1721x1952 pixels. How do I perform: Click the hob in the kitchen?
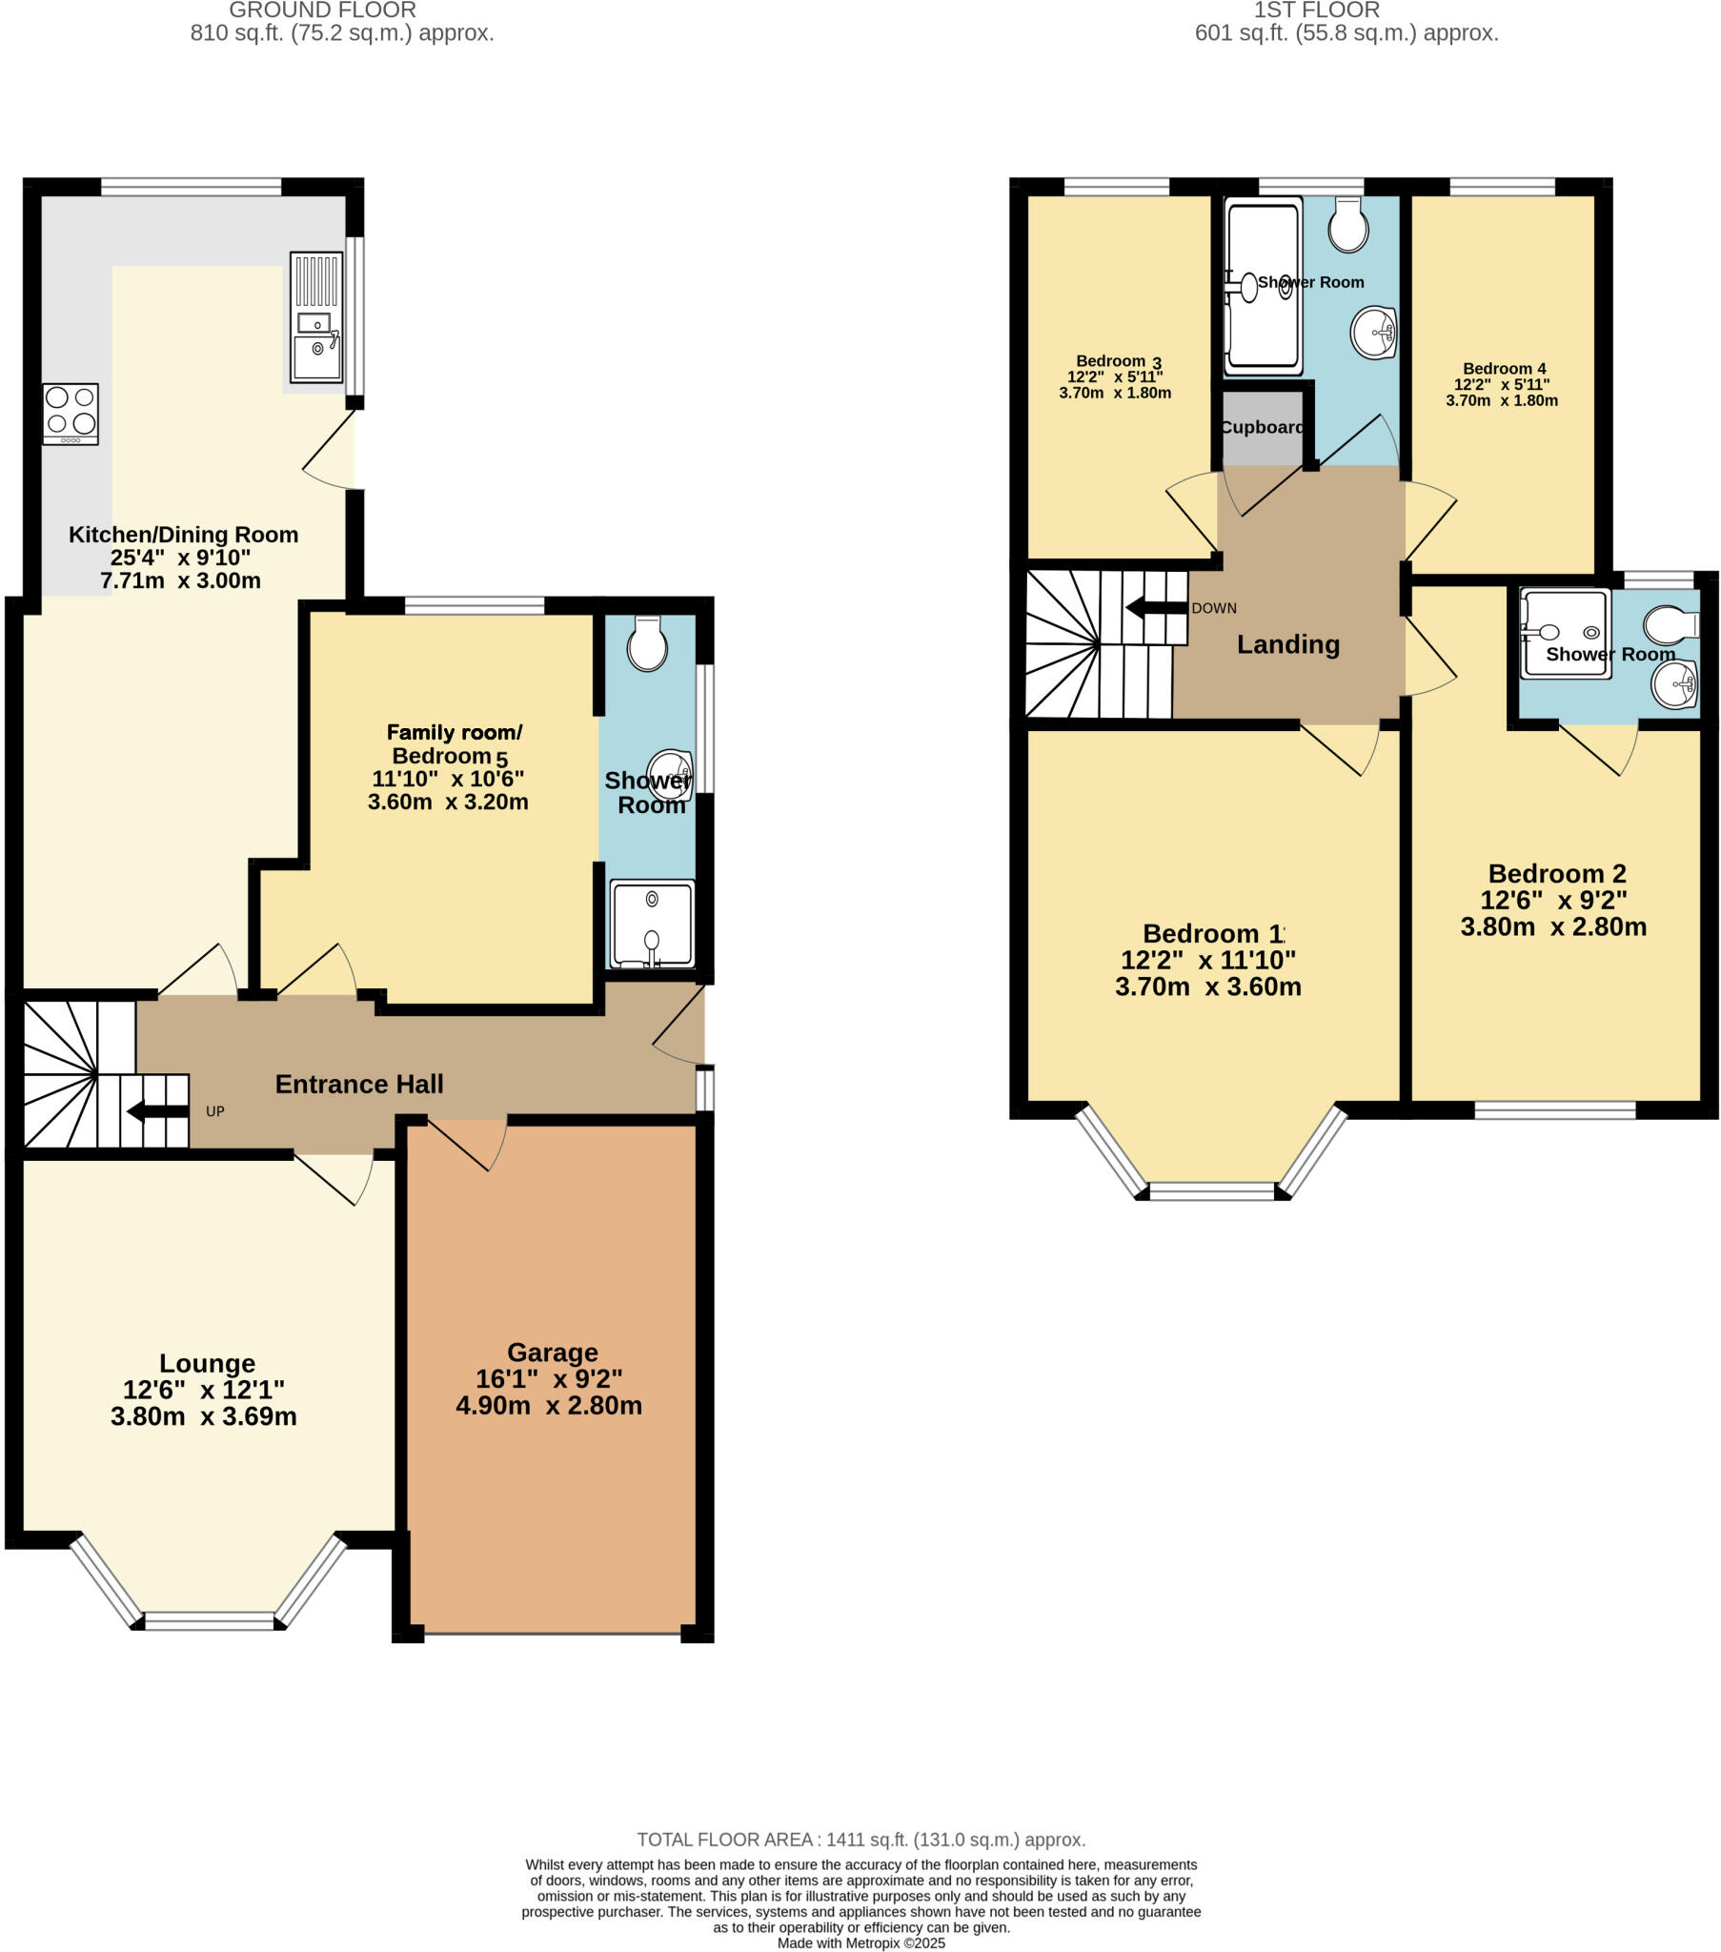[71, 414]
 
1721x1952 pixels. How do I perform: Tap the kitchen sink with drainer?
[316, 317]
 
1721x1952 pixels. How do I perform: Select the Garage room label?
[552, 1352]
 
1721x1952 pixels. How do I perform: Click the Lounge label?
[207, 1363]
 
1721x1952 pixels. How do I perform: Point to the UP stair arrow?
[158, 1110]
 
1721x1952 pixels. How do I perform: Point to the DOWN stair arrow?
[1156, 607]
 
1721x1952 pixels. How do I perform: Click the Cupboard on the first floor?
[1262, 427]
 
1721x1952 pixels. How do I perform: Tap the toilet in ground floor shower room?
[647, 644]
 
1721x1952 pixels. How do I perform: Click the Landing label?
[1287, 644]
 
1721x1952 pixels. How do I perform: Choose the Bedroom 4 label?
[1503, 369]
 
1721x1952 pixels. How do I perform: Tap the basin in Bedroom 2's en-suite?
[1674, 684]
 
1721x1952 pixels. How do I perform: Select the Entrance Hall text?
[359, 1084]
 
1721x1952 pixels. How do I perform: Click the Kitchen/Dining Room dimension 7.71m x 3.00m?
[180, 580]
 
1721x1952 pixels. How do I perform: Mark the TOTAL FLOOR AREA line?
[860, 1840]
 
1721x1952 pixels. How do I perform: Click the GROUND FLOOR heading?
[323, 10]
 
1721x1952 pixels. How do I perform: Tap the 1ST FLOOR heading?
[1316, 10]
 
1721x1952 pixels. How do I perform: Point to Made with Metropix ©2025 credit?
[860, 1942]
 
